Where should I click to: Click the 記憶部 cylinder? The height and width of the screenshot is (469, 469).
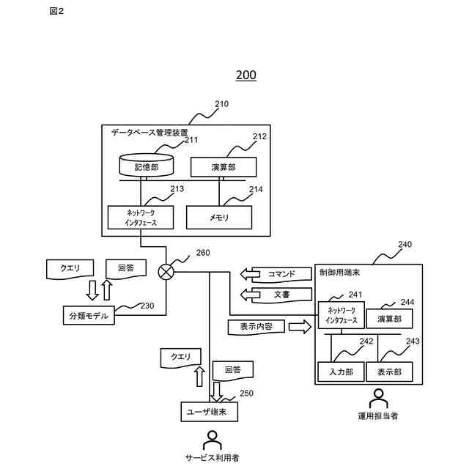click(147, 165)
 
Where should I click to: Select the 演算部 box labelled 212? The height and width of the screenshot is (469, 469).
click(224, 167)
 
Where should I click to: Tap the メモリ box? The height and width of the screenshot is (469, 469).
click(219, 218)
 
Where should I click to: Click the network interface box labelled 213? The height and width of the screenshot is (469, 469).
click(141, 218)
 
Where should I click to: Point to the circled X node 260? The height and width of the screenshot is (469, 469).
click(166, 272)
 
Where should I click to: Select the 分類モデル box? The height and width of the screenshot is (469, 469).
click(89, 315)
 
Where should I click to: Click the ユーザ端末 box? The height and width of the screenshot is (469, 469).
click(210, 412)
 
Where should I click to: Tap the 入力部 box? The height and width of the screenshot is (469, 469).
click(341, 372)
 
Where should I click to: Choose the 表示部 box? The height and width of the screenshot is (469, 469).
click(389, 372)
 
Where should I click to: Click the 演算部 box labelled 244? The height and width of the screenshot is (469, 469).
click(389, 319)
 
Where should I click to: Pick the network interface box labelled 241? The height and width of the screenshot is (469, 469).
click(341, 315)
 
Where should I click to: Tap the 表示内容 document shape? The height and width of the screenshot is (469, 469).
click(256, 327)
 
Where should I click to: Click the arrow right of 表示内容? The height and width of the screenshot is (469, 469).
click(300, 327)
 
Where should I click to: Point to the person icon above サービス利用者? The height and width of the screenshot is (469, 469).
click(213, 440)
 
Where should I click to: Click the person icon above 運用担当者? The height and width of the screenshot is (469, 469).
click(378, 399)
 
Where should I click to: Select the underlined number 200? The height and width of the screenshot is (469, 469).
click(246, 75)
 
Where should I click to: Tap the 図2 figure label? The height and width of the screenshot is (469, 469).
click(56, 12)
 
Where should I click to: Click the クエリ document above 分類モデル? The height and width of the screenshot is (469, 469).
click(70, 269)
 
